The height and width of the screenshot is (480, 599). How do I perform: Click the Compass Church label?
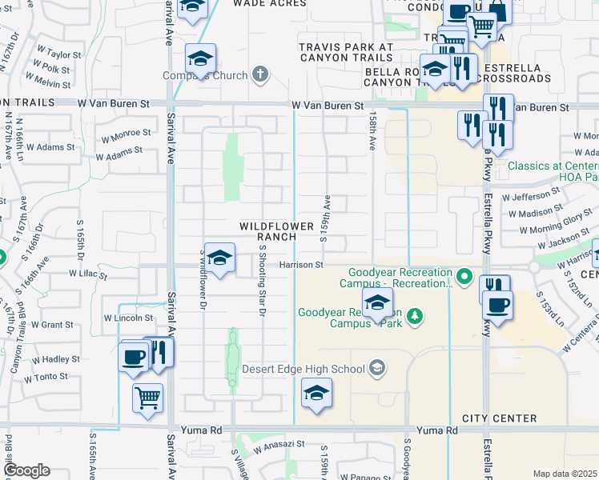pos(205,76)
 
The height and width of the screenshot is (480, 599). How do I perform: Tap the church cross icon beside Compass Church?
pos(259,75)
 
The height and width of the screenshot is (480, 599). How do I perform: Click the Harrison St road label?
pos(301,265)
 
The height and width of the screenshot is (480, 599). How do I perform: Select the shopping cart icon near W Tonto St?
pos(148,398)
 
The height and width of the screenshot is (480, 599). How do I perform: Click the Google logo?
pos(26,470)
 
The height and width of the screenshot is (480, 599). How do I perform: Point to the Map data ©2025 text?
pos(565,474)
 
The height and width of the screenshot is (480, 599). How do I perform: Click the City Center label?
pos(499,418)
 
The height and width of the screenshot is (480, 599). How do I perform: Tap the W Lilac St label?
pos(88,274)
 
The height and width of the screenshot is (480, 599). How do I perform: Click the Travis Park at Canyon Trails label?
pos(346,52)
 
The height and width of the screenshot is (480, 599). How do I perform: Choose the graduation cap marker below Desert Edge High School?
pos(317,394)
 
